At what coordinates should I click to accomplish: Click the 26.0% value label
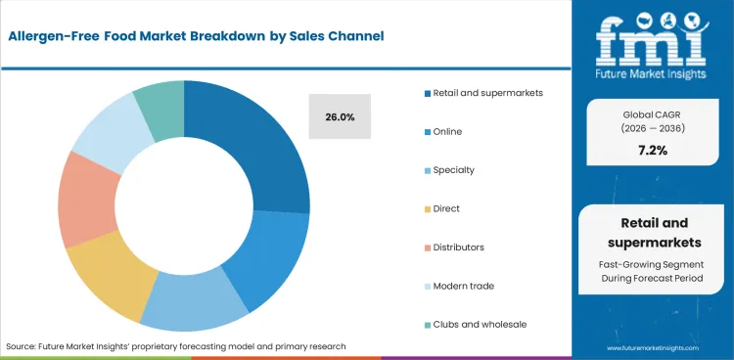(340, 117)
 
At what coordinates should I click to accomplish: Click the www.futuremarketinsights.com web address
(655, 347)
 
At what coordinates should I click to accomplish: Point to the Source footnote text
(176, 346)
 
